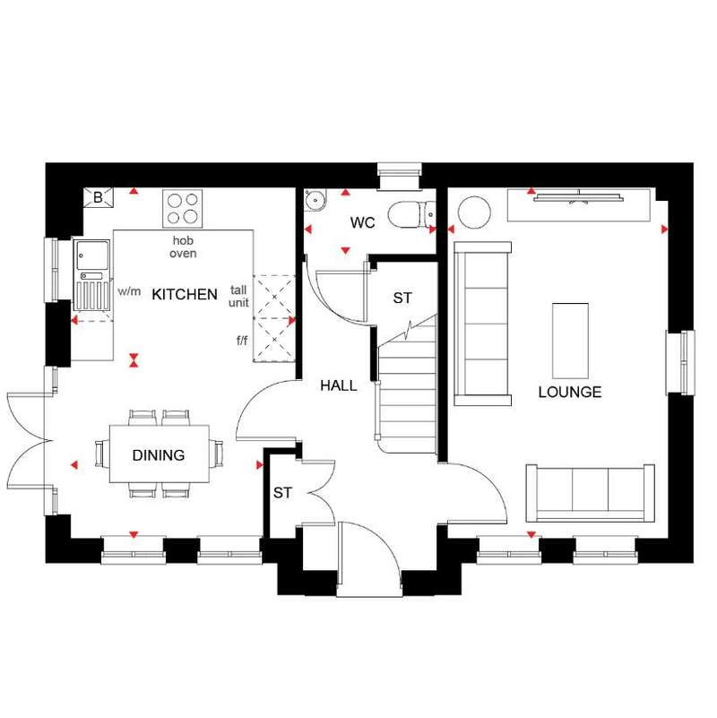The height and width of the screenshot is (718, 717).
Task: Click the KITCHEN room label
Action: (185, 294)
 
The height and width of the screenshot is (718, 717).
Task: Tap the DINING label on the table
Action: (159, 455)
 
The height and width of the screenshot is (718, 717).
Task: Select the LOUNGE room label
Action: (570, 392)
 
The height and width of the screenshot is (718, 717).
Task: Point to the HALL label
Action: (339, 385)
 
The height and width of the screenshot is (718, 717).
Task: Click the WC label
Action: (363, 222)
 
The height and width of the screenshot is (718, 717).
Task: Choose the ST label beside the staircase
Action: (402, 298)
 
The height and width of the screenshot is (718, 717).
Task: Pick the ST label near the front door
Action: (282, 493)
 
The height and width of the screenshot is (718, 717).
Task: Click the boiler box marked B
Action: (98, 197)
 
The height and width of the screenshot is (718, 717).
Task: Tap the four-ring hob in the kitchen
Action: (182, 209)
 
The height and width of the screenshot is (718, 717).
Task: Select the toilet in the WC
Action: (411, 214)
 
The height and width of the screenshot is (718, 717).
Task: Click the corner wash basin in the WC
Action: (315, 200)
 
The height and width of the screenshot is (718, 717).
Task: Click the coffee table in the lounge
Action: (570, 341)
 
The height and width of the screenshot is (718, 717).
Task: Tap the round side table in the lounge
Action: (474, 212)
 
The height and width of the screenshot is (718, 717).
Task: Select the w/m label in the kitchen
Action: (129, 291)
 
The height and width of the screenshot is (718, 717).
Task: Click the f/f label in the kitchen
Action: (242, 341)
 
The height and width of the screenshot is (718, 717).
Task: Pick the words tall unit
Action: (238, 296)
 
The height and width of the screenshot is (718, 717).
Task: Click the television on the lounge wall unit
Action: (579, 197)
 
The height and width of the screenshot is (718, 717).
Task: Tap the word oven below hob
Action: (183, 253)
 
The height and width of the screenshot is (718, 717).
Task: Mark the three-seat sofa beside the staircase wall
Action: (482, 324)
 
